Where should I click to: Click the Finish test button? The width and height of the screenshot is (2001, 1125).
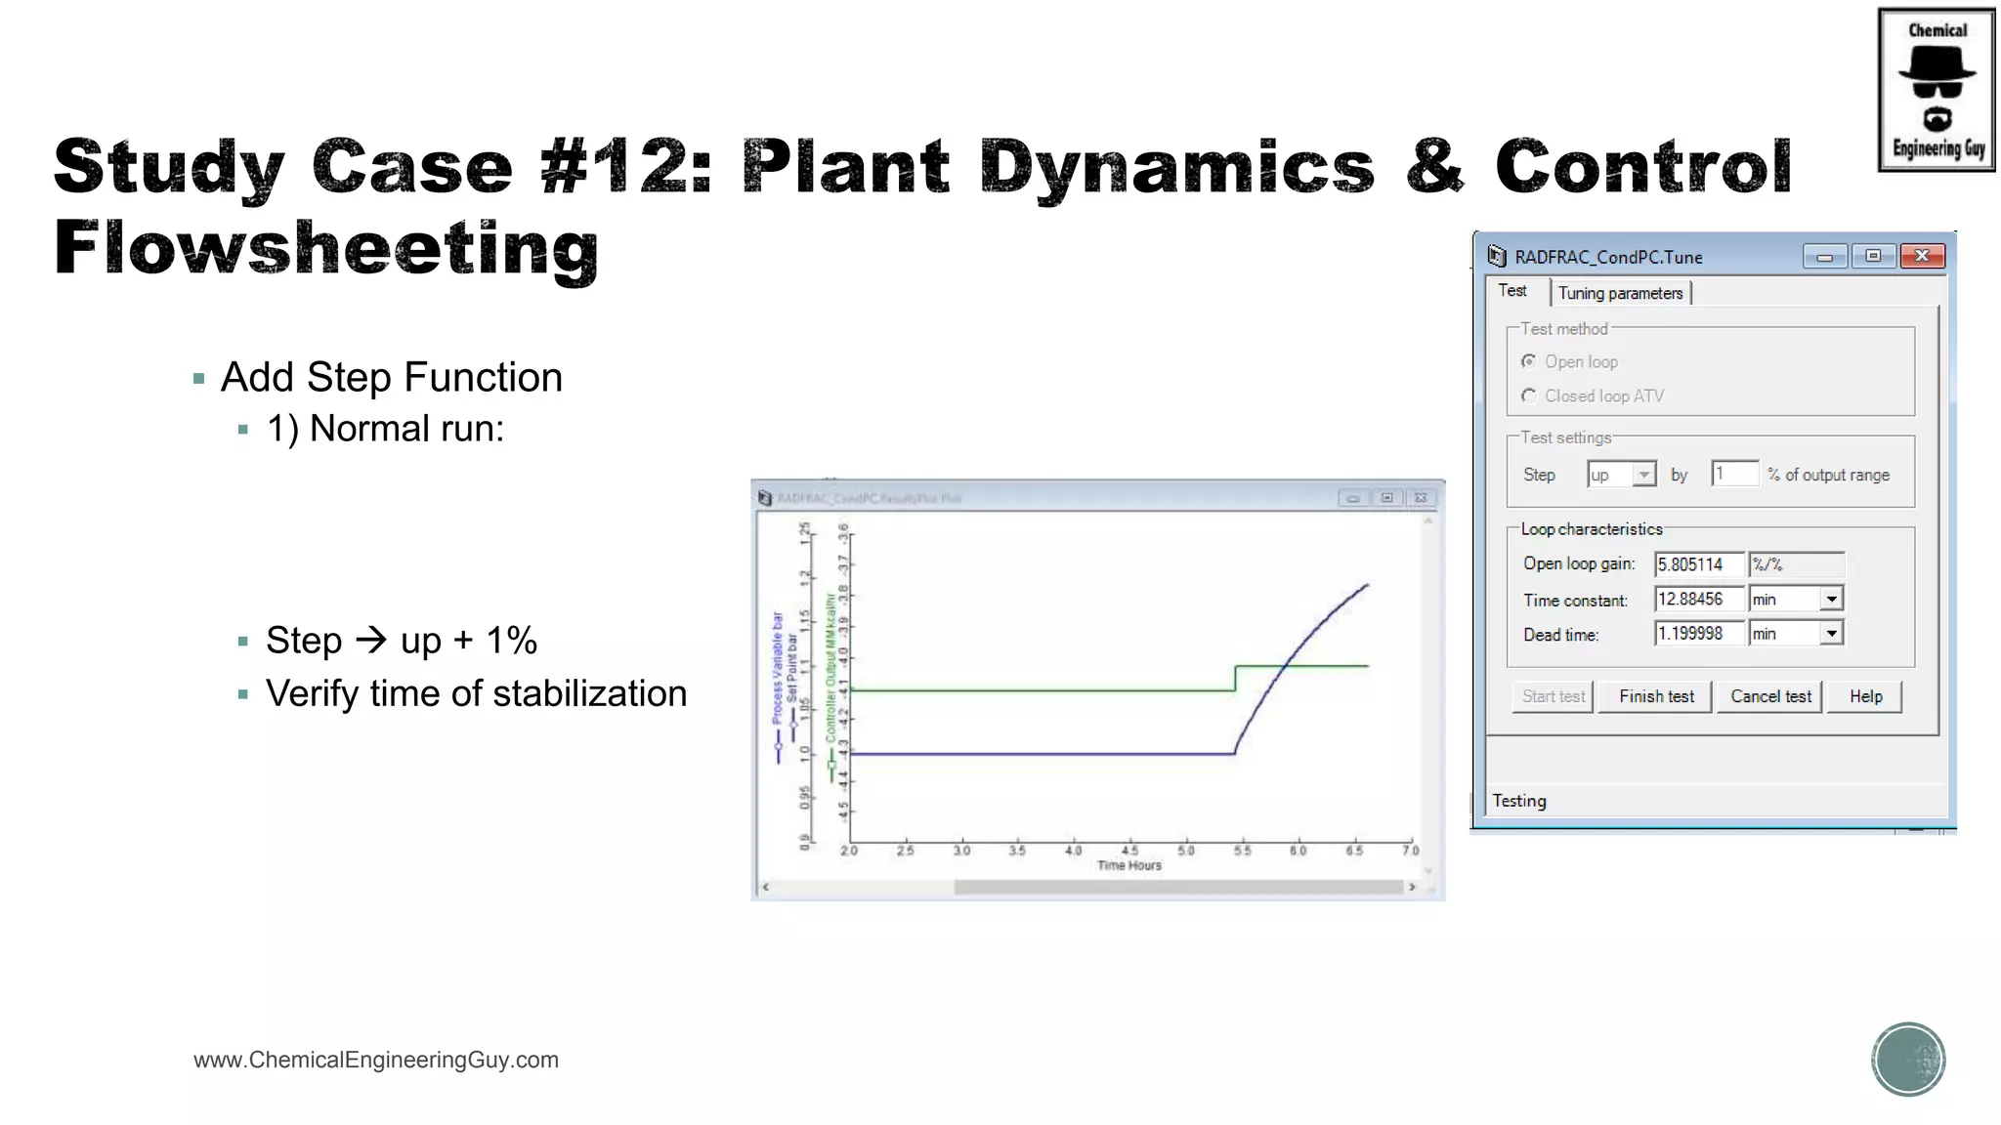pos(1656,696)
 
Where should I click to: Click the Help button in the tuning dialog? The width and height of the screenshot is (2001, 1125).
pos(1865,696)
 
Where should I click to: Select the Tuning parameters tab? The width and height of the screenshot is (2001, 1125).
pos(1620,293)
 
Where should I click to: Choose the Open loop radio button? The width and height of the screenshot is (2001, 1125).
pos(1529,361)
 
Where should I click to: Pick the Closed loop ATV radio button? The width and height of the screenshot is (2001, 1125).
pos(1529,396)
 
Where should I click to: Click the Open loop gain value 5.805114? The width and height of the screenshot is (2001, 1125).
pos(1697,564)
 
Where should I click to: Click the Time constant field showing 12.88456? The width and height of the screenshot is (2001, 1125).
pos(1697,599)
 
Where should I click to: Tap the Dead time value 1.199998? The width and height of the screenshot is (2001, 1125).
pos(1697,634)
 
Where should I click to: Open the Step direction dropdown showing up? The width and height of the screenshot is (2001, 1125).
pos(1644,475)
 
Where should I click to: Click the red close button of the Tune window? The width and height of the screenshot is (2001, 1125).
pos(1922,256)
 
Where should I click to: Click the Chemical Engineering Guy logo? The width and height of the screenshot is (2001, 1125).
pos(1937,90)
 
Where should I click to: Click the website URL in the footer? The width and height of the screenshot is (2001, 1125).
pos(376,1060)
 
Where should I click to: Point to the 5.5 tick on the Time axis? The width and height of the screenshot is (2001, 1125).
pos(1242,850)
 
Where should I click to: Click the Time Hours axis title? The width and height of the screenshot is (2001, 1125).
pos(1129,865)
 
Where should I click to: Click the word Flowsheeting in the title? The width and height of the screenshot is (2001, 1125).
pos(326,248)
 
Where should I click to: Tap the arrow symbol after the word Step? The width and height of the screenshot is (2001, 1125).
pos(371,641)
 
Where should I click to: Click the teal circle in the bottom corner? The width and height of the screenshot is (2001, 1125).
pos(1908,1060)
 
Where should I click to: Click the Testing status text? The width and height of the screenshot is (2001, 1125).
pos(1519,801)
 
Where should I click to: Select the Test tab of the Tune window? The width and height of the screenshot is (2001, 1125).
pos(1512,291)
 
